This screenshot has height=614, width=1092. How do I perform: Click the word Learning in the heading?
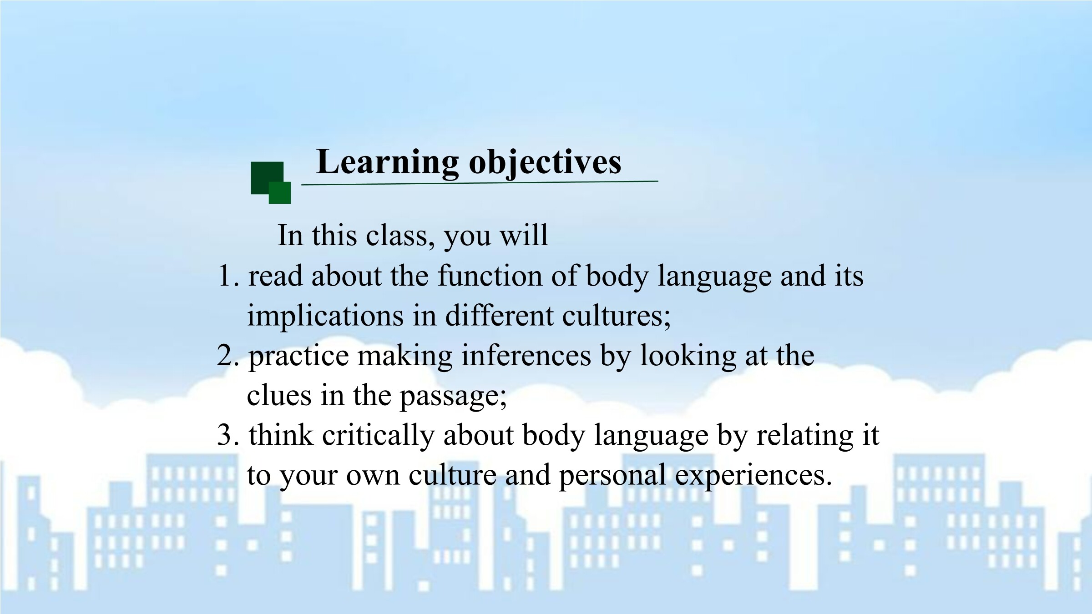(388, 162)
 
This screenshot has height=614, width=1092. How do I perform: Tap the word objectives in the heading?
(545, 162)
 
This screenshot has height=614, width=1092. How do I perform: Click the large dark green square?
(267, 178)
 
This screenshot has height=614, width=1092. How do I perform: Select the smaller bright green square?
(280, 193)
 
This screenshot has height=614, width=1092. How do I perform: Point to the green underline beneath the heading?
(480, 183)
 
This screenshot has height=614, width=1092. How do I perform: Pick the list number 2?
(227, 356)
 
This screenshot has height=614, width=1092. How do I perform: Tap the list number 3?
(228, 435)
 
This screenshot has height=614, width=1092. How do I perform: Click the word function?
(490, 276)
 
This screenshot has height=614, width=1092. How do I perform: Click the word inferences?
(526, 355)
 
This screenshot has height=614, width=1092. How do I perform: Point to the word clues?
(279, 395)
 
